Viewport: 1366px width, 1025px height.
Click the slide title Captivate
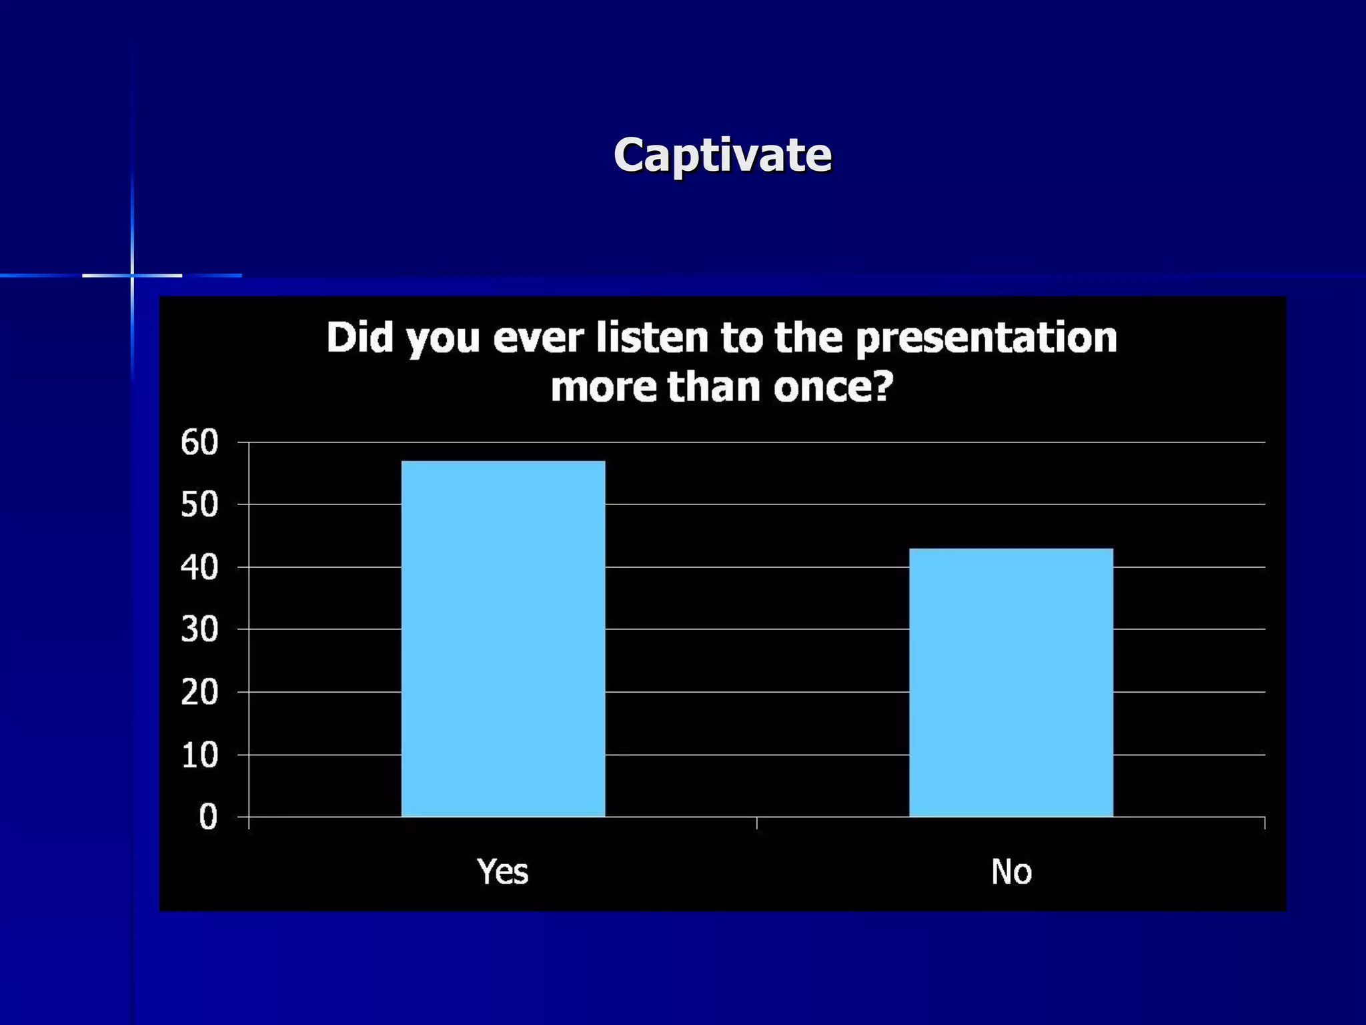pos(722,155)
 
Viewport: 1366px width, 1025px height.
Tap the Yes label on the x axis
pos(503,872)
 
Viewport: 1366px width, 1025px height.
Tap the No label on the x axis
pos(1011,872)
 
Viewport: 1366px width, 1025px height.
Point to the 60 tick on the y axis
pos(199,442)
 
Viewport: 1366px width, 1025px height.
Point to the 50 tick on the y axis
pos(199,505)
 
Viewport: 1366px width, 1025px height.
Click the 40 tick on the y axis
pos(199,568)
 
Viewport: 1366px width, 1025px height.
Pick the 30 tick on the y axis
pos(199,629)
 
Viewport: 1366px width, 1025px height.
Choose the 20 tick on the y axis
pos(199,693)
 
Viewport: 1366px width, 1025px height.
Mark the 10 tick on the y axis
pos(199,755)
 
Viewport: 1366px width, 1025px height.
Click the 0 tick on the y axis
pos(208,817)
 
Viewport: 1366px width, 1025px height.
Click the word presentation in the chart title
pos(986,338)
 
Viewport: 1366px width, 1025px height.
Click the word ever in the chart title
pos(538,338)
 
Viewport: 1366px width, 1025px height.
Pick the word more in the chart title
pos(604,387)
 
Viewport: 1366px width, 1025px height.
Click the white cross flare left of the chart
pos(132,275)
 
